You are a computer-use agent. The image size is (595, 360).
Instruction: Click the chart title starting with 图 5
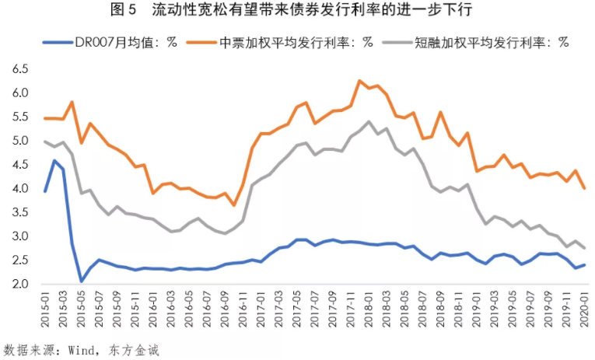297,11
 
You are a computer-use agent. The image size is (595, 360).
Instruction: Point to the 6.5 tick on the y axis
20,69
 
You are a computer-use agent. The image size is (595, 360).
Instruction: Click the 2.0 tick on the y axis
20,285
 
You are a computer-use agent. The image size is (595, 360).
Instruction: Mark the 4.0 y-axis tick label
20,189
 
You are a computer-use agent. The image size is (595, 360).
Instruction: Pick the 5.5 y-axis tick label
20,117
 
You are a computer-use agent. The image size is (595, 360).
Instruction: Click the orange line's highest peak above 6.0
359,80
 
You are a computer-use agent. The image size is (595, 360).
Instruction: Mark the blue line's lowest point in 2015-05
82,281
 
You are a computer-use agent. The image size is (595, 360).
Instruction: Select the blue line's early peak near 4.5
54,161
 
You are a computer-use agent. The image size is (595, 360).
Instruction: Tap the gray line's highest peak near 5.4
368,121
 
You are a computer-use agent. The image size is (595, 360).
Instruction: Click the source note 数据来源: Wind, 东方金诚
82,350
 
